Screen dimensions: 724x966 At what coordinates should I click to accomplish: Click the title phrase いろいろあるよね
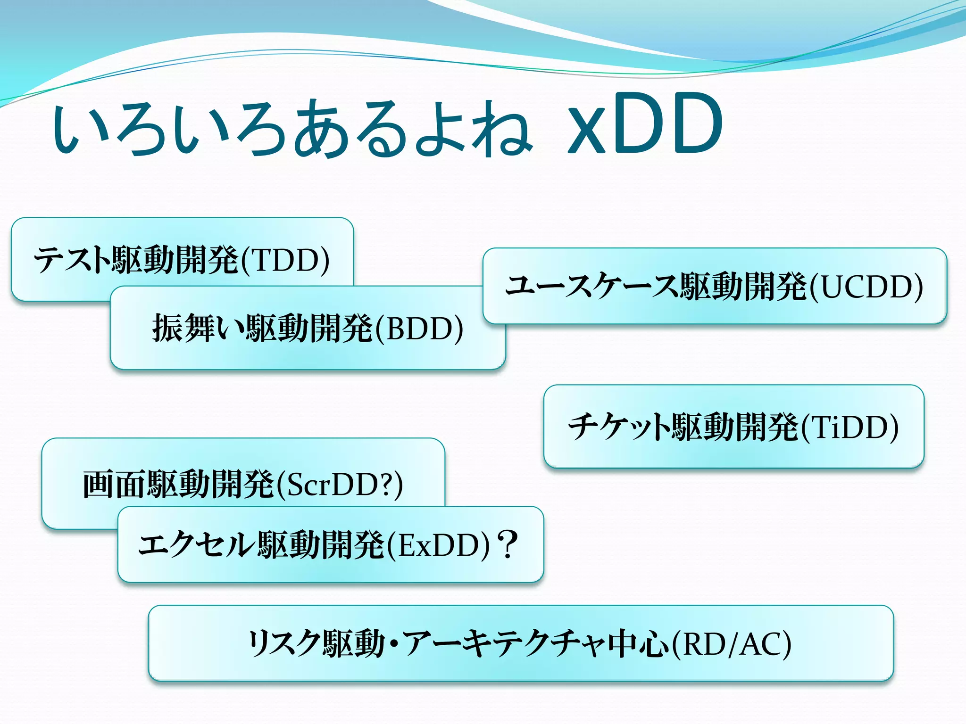293,128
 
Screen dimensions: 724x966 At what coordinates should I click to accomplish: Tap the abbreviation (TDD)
285,260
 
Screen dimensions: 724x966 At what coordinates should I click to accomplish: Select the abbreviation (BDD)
419,329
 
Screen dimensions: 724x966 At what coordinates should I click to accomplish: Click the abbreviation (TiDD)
849,427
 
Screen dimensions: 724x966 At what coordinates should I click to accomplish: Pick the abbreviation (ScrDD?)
340,485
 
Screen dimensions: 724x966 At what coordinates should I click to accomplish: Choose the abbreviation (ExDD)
439,545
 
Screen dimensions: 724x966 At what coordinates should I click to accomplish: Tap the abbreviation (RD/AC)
731,644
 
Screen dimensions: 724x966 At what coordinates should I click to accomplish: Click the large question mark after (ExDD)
508,544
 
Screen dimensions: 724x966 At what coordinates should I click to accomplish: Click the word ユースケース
592,287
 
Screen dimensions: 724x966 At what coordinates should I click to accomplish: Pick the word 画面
115,485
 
